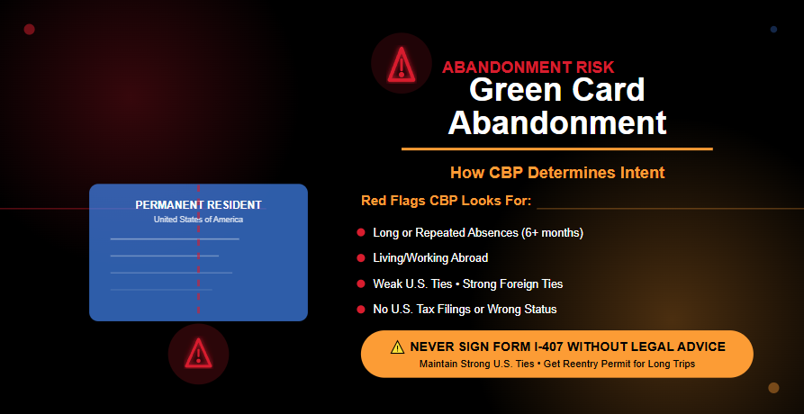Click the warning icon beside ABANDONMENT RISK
[x=401, y=64]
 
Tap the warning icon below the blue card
[x=198, y=353]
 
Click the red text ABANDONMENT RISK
[x=528, y=67]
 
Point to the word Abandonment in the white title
[x=557, y=121]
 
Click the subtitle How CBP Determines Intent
[x=557, y=172]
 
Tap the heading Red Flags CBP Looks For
[x=446, y=200]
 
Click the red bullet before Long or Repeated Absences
[x=361, y=233]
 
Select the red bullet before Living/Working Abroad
[x=361, y=258]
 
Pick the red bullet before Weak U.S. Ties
[x=361, y=284]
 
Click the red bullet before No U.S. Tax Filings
[x=361, y=310]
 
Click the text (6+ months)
[x=552, y=233]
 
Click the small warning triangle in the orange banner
[x=397, y=347]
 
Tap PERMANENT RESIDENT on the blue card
[x=198, y=205]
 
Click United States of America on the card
[x=198, y=220]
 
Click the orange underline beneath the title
[x=556, y=148]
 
